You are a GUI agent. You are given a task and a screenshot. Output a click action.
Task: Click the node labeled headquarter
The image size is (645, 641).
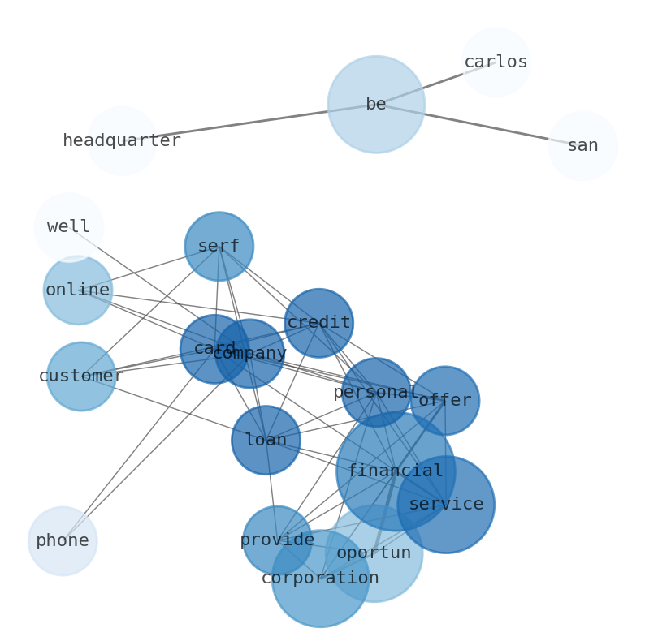coord(122,141)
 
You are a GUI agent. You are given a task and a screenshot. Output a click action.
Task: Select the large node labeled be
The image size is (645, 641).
coord(376,105)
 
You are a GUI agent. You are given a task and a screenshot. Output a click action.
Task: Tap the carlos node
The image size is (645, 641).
coord(496,62)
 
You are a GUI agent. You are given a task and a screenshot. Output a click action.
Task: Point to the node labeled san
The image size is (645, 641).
coord(582,146)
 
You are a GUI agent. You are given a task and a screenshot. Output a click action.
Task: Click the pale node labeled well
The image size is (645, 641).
coord(69,227)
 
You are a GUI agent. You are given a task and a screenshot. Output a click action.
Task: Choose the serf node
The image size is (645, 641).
coord(219,247)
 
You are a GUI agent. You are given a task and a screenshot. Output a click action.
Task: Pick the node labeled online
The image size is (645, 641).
coord(78,290)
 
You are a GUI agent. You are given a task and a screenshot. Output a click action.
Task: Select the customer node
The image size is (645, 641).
coord(81,376)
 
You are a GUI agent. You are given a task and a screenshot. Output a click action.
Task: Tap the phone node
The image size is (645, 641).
coord(63,541)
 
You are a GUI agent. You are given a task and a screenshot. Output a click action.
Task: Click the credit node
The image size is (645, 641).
coord(318,323)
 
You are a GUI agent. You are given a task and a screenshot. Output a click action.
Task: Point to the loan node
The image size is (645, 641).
coord(266,441)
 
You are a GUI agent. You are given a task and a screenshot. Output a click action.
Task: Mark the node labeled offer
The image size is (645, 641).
coord(445,401)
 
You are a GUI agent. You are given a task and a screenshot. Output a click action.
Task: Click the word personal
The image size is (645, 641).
coord(376,393)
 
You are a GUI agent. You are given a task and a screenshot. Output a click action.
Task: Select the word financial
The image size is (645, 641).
coord(396,471)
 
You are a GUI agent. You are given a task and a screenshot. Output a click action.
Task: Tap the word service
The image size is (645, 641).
coord(446,505)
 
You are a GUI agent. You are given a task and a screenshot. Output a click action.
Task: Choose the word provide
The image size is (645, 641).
coord(277,540)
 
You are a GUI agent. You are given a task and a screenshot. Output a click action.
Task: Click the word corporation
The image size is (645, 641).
coord(320,579)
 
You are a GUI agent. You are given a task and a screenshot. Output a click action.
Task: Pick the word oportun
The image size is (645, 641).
coord(374,553)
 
